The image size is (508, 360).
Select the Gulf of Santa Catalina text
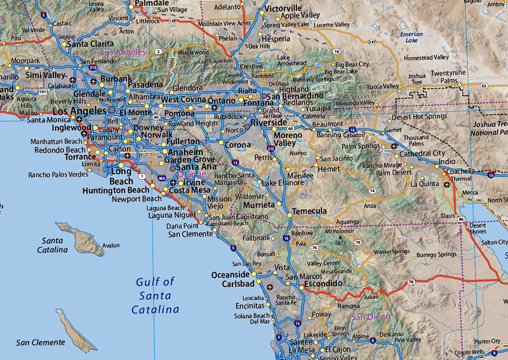point(155,295)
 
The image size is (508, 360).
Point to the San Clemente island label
point(41,343)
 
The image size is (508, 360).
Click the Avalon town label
point(110,246)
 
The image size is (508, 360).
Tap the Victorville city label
point(284,8)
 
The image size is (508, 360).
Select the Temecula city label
point(309,211)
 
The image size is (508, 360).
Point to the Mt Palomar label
point(338,231)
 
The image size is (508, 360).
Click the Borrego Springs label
point(436,255)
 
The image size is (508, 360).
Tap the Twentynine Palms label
point(453,77)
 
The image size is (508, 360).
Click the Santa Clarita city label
point(91,44)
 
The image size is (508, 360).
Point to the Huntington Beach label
point(116,190)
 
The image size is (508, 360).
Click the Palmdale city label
point(152,3)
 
